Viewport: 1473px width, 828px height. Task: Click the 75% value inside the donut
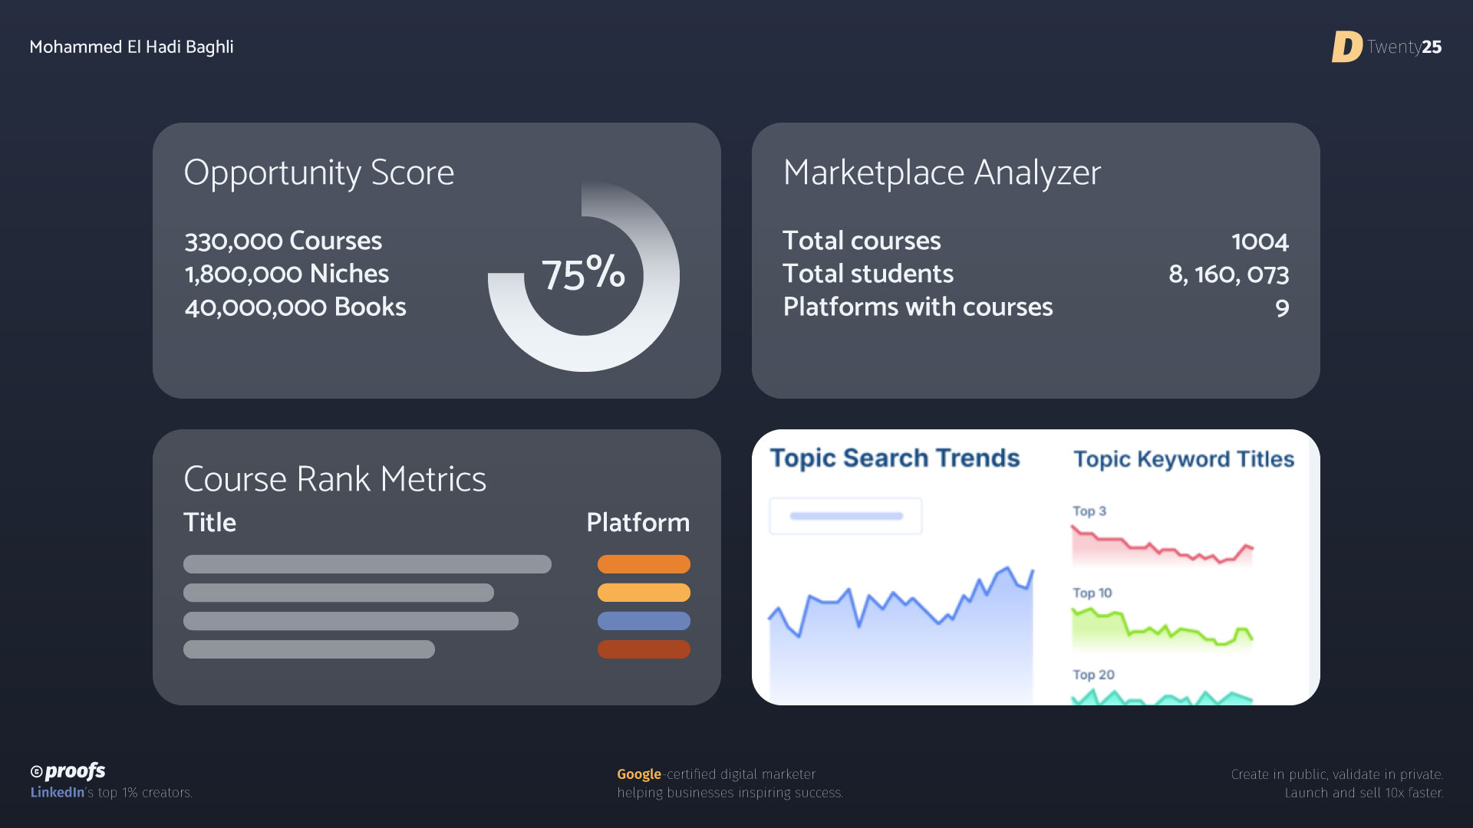[583, 273]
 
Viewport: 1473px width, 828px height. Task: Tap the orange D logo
[1346, 47]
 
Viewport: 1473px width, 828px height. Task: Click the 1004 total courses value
[1260, 242]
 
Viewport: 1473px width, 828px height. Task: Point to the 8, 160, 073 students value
[1228, 274]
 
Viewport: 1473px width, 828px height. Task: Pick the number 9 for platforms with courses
[1282, 308]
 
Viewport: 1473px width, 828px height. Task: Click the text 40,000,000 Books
[295, 307]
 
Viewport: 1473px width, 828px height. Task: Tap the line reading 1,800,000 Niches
[287, 274]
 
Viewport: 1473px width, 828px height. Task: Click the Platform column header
[638, 522]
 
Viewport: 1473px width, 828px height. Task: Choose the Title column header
[209, 522]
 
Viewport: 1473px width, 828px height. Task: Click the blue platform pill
[644, 621]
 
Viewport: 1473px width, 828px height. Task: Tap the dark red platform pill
[644, 649]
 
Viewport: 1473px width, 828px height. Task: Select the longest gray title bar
[367, 564]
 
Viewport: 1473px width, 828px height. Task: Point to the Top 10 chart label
[1092, 593]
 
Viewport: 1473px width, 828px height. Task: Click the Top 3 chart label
[1089, 511]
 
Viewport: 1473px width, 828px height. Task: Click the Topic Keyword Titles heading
[1184, 459]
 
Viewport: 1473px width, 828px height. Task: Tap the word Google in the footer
[639, 774]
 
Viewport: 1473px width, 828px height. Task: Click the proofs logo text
[75, 771]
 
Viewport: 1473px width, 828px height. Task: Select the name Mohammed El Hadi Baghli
[131, 47]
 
